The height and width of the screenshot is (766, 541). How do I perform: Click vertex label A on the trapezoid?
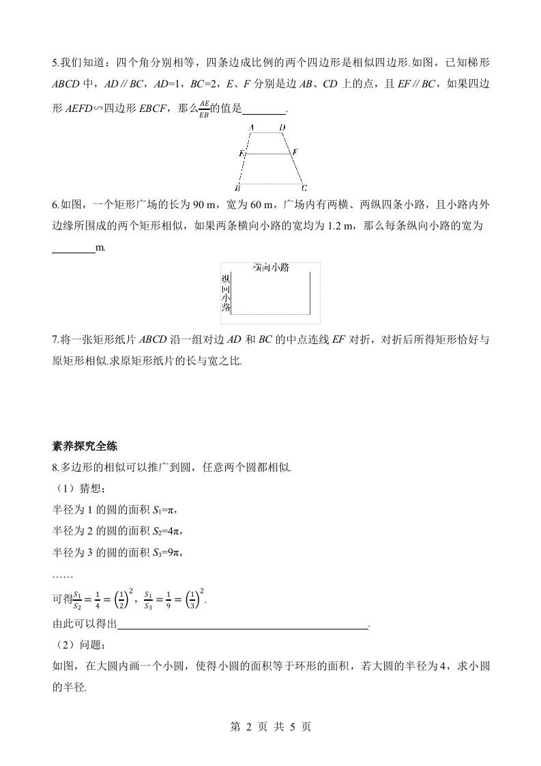point(252,128)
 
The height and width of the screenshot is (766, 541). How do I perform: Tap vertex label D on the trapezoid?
point(282,128)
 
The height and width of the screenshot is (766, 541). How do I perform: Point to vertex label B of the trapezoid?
point(237,188)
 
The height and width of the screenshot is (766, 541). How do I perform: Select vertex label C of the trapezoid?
point(304,188)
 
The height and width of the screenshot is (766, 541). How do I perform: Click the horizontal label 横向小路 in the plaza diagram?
point(271,268)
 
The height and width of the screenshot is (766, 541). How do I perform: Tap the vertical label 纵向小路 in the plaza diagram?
point(226,293)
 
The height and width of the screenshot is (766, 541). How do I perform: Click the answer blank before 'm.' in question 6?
point(73,247)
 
